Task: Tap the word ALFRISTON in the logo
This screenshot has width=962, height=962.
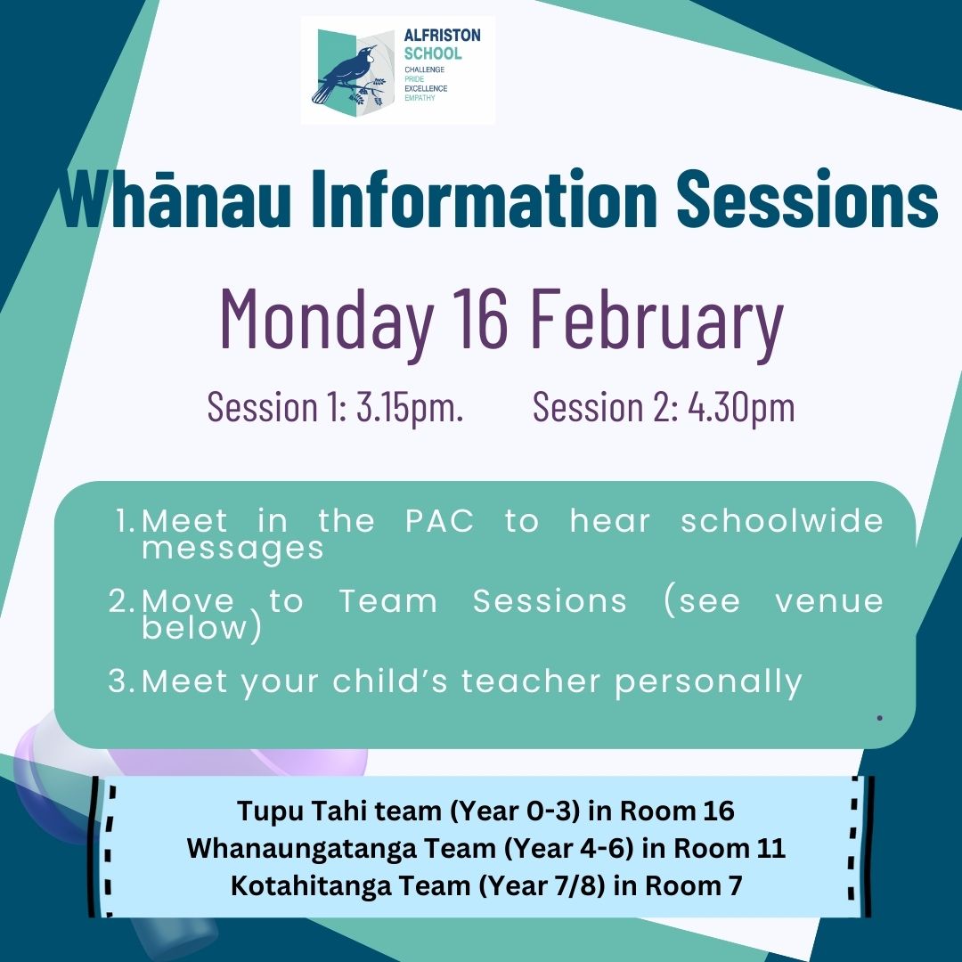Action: coord(442,36)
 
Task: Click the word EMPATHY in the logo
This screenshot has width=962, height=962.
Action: coord(420,98)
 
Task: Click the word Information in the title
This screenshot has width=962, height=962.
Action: coord(484,198)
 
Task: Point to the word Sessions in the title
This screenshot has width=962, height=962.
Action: coord(807,198)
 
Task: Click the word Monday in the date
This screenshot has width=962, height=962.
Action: coord(327,320)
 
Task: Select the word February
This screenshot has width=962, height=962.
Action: coord(656,320)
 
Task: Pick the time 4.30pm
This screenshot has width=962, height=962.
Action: coord(741,407)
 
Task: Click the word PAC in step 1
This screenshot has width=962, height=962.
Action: coord(439,521)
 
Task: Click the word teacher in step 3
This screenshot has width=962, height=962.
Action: coord(531,681)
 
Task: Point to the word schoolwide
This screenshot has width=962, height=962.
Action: coord(782,521)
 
